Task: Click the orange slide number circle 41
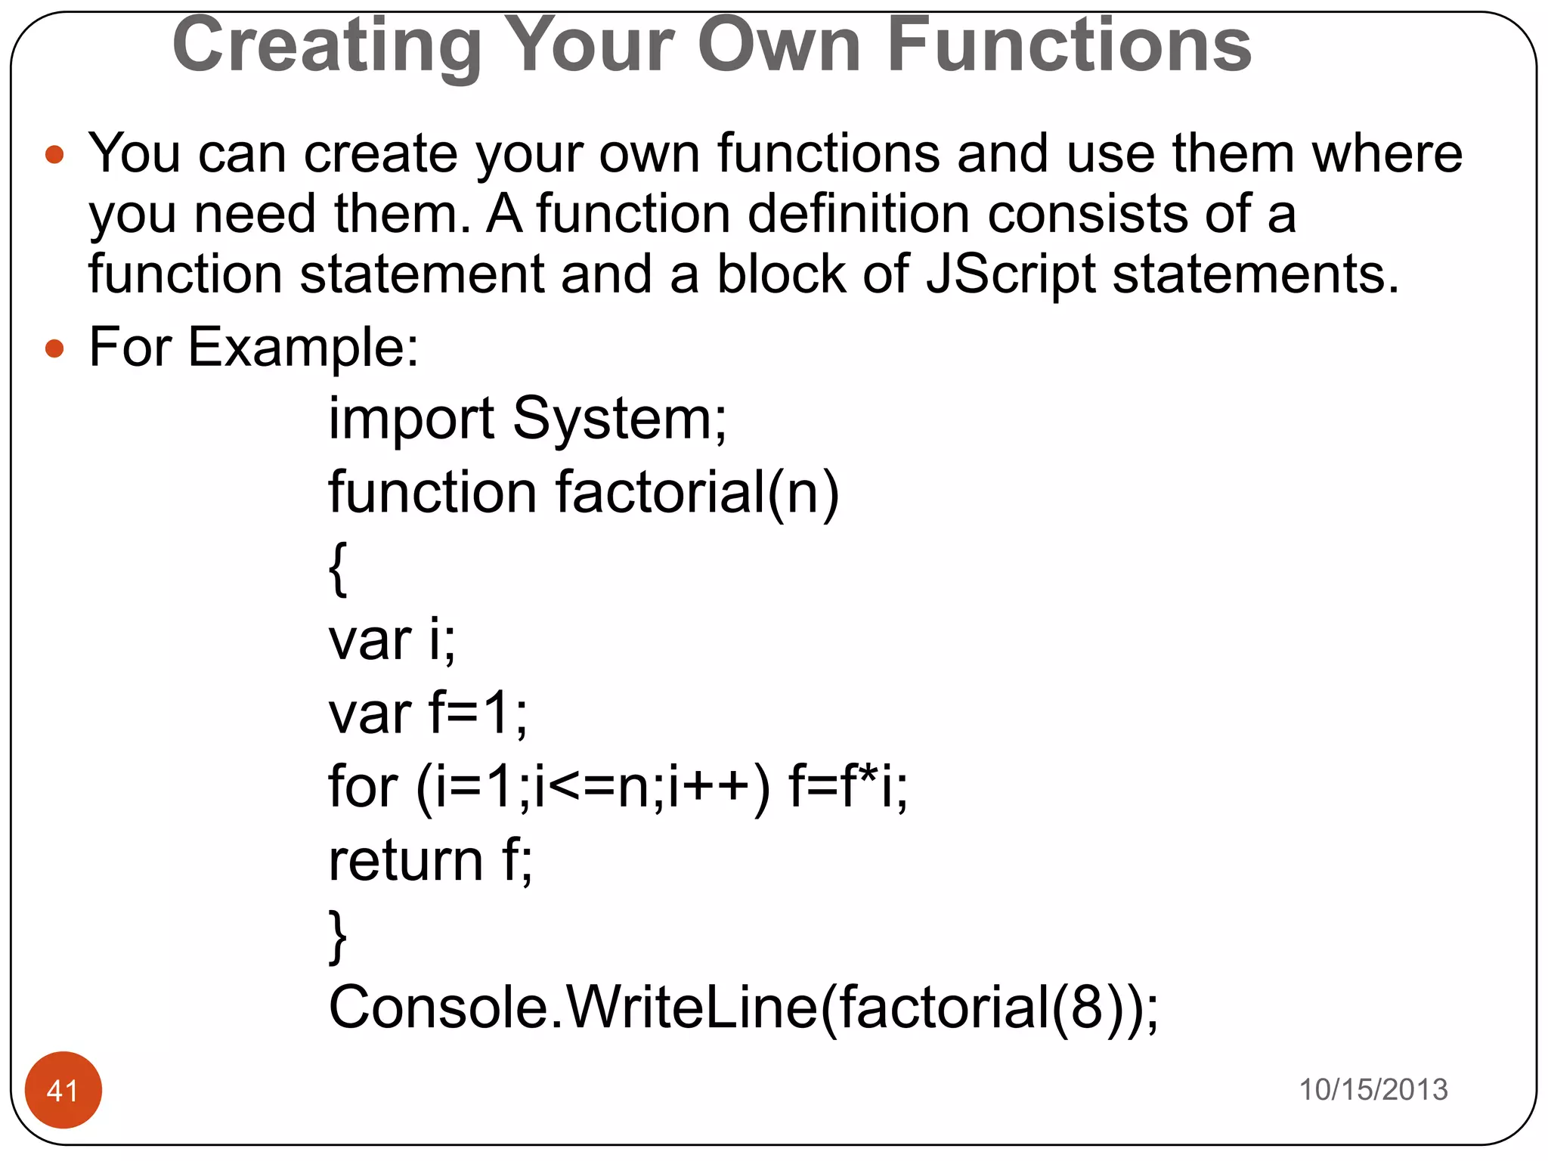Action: [63, 1090]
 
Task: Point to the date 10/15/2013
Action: [1373, 1090]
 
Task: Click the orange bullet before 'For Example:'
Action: [54, 348]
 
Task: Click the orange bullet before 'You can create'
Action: [54, 155]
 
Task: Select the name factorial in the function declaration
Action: [661, 492]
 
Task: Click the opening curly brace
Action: [338, 568]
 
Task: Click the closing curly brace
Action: [338, 937]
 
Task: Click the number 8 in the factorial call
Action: [1086, 1008]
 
